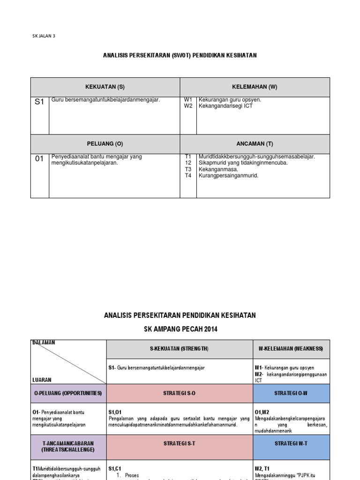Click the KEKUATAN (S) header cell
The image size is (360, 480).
[105, 87]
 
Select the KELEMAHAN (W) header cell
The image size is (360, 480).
[255, 87]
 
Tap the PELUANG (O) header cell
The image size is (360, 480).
[105, 144]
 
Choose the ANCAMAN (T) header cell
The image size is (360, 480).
[255, 144]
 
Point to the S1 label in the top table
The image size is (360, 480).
[39, 102]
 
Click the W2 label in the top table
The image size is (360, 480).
[188, 106]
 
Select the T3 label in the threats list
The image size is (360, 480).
[188, 169]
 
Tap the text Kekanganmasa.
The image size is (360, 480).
[218, 169]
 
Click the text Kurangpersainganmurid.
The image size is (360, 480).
[228, 176]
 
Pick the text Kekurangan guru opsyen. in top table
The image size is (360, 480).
[230, 100]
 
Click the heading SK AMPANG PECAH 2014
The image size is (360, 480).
[180, 330]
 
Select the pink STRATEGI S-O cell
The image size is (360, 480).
[180, 393]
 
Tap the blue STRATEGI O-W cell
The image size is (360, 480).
[291, 393]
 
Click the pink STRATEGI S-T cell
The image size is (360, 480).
[180, 443]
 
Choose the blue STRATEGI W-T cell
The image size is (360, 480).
[291, 443]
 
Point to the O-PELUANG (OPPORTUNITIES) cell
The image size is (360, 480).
[68, 393]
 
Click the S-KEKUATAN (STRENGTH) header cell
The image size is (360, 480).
[180, 349]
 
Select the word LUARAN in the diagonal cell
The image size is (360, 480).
[42, 380]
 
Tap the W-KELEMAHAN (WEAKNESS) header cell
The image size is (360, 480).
[291, 349]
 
